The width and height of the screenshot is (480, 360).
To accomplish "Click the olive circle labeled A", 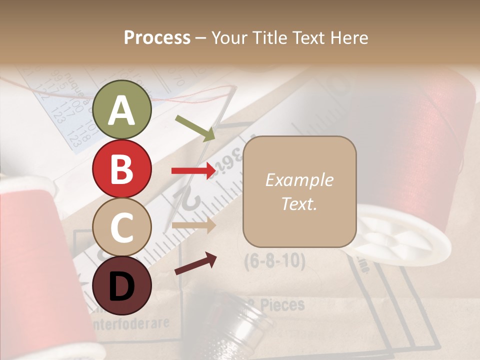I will [x=122, y=109].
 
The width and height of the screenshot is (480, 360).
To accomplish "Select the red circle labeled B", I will [x=122, y=169].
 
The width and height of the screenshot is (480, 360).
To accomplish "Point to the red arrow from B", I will [x=193, y=171].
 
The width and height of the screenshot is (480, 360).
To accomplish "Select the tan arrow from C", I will [x=193, y=225].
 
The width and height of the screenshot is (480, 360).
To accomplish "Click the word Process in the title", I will [x=157, y=38].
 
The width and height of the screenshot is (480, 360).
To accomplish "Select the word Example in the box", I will [x=299, y=180].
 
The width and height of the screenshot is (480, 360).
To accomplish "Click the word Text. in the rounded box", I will [x=299, y=203].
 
